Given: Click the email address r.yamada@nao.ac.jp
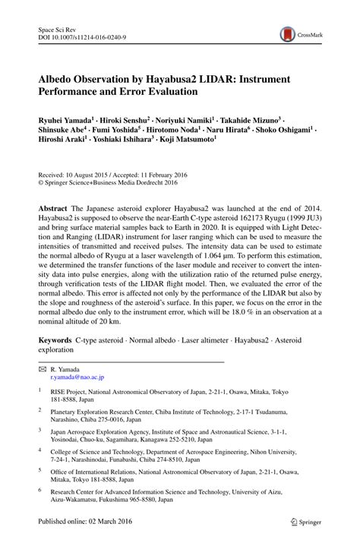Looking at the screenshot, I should click(x=77, y=377).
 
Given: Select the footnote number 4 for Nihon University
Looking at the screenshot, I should click(x=40, y=450).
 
